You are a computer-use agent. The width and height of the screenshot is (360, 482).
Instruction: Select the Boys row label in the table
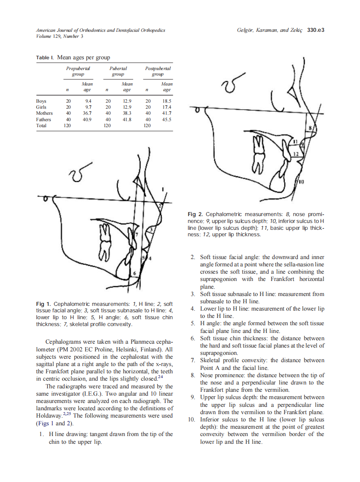click(41, 101)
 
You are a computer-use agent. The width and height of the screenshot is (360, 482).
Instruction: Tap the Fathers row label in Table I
click(43, 119)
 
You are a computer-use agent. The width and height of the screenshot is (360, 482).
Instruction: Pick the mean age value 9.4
click(88, 101)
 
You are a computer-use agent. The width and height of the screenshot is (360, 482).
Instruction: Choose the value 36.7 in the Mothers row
click(87, 113)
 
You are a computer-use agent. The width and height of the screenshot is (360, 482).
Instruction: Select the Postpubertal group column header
click(158, 71)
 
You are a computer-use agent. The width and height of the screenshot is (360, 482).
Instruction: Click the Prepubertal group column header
click(78, 71)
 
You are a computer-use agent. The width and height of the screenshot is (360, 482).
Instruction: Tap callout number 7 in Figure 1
click(136, 235)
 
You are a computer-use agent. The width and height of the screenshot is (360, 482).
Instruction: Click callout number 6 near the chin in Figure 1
click(134, 273)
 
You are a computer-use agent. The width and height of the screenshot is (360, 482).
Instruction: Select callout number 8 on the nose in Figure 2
click(310, 128)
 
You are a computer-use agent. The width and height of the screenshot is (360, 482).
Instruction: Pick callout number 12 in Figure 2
click(296, 153)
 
